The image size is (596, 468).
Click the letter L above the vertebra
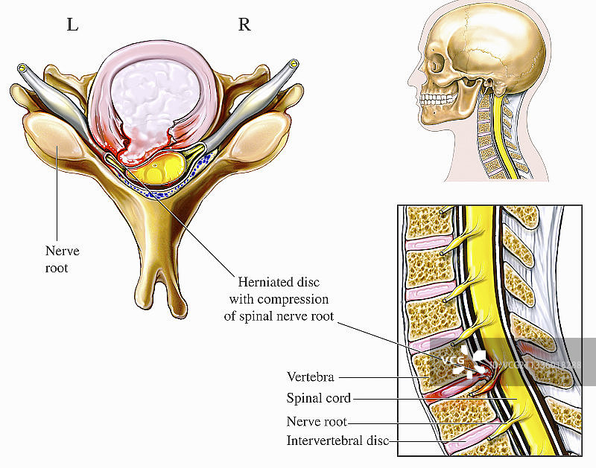pos(72,25)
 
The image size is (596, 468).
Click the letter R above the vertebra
pos(244,25)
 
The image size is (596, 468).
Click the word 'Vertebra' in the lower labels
pos(310,377)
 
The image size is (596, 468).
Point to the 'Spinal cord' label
pos(318,398)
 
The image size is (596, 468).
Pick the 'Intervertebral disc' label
pos(337,440)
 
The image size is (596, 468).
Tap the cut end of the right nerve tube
pos(294,64)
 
